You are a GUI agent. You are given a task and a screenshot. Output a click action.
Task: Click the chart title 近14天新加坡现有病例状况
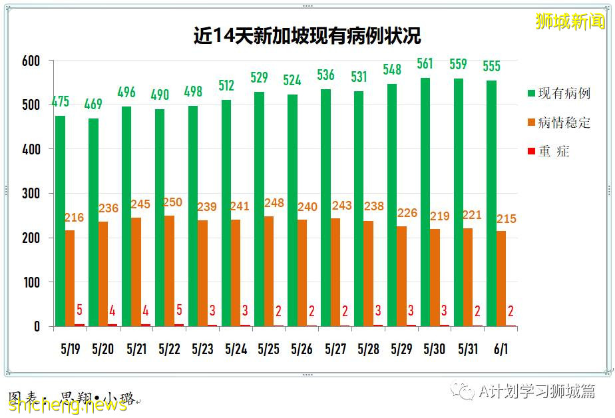[307, 35]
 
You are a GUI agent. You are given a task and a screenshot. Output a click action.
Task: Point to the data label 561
[425, 64]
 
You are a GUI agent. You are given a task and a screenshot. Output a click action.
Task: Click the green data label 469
[94, 104]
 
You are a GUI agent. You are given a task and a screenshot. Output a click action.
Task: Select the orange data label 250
[171, 202]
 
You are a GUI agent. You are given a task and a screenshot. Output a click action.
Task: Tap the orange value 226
[407, 213]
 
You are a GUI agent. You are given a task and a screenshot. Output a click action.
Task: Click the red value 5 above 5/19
[79, 310]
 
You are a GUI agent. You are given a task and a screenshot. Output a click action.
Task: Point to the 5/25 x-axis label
[269, 349]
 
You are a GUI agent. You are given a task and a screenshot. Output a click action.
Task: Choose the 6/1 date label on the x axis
[501, 349]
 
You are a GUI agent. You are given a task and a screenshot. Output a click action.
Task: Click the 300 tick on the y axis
[31, 194]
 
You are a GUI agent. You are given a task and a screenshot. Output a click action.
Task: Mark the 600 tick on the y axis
[31, 61]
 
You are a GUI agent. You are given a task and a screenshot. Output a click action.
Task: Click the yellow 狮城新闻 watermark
[570, 21]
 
